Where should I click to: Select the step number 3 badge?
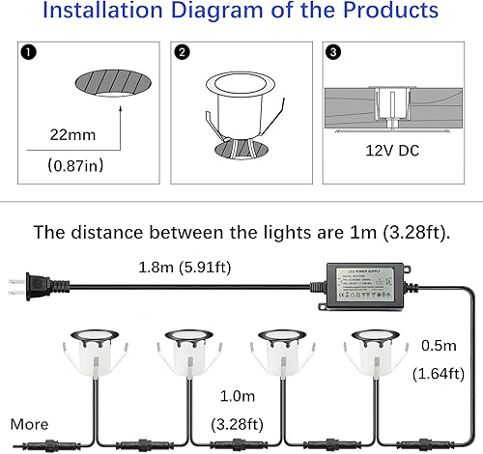click(332, 50)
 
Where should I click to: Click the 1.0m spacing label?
click(235, 395)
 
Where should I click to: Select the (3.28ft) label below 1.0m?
click(236, 422)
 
